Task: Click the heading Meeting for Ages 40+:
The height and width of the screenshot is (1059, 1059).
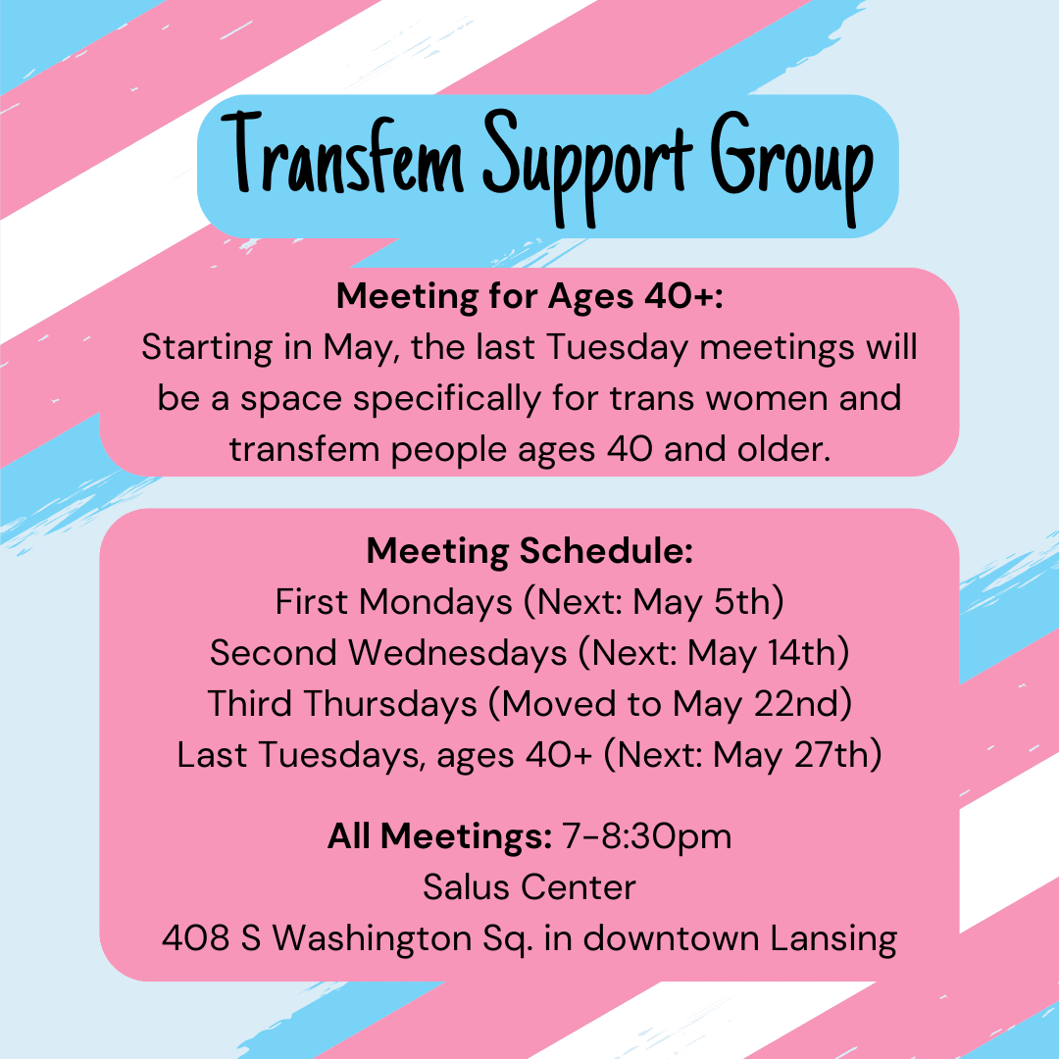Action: (529, 296)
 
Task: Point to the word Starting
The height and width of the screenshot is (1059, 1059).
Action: (207, 348)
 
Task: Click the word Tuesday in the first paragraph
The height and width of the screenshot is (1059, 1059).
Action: (618, 348)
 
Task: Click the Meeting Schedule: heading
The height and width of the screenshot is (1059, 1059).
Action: (529, 550)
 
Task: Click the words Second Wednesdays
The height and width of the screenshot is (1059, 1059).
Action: (388, 652)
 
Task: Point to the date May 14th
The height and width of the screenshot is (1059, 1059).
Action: (762, 653)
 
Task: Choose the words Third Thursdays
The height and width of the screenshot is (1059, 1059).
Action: (342, 704)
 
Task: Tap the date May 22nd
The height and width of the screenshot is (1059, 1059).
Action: (756, 704)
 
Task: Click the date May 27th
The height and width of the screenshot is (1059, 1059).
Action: (791, 755)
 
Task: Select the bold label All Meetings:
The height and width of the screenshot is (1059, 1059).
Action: (439, 836)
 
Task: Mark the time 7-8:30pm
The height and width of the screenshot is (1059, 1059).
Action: (647, 837)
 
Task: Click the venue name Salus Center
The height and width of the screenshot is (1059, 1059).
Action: (529, 886)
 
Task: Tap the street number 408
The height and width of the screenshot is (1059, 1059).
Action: (196, 938)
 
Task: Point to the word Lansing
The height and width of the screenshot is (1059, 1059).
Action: (833, 939)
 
